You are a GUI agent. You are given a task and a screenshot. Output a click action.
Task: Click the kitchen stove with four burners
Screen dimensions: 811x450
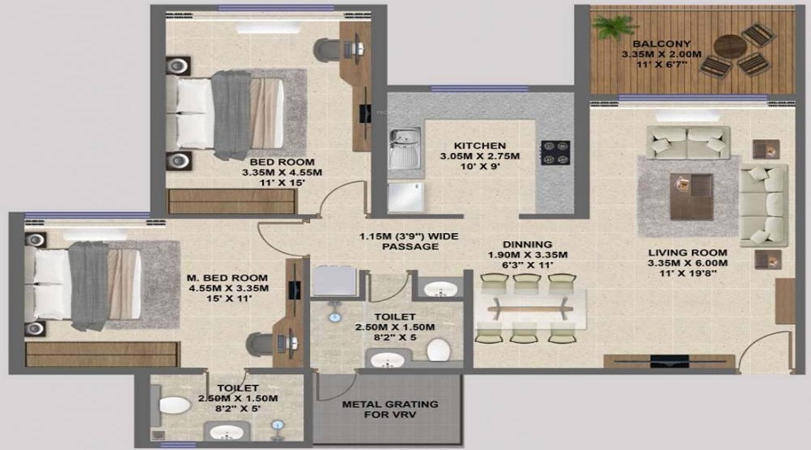tap(555, 153)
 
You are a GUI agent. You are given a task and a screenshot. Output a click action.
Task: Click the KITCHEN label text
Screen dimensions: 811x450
tap(480, 146)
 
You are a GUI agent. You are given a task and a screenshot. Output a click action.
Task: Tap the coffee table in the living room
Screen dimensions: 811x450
tap(691, 196)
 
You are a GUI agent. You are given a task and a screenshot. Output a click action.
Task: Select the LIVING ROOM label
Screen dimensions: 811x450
tap(688, 253)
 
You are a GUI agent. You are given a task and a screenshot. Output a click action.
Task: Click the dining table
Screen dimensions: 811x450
tap(531, 309)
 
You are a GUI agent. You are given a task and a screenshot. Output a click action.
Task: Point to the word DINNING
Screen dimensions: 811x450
tap(527, 245)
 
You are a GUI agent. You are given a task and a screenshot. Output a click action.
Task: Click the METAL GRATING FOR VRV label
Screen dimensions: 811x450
tap(390, 409)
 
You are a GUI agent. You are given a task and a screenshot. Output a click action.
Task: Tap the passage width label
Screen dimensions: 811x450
tap(409, 241)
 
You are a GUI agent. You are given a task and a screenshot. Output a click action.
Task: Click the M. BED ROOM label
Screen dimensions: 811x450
tap(228, 278)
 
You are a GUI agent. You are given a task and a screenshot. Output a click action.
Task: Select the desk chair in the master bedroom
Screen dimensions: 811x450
tap(260, 345)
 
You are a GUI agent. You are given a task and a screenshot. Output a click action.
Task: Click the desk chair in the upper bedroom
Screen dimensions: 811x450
tap(328, 49)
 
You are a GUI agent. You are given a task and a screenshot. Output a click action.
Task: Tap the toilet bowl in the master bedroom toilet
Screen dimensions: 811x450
tap(174, 404)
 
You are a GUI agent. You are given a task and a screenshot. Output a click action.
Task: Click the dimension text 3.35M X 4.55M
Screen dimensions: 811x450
tap(282, 173)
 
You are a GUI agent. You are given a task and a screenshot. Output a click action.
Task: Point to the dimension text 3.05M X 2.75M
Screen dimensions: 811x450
tap(480, 156)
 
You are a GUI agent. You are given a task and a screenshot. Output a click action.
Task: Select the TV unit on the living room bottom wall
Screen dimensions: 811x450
tap(670, 361)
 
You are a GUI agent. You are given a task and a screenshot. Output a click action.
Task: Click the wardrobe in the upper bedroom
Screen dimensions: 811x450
tap(232, 201)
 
